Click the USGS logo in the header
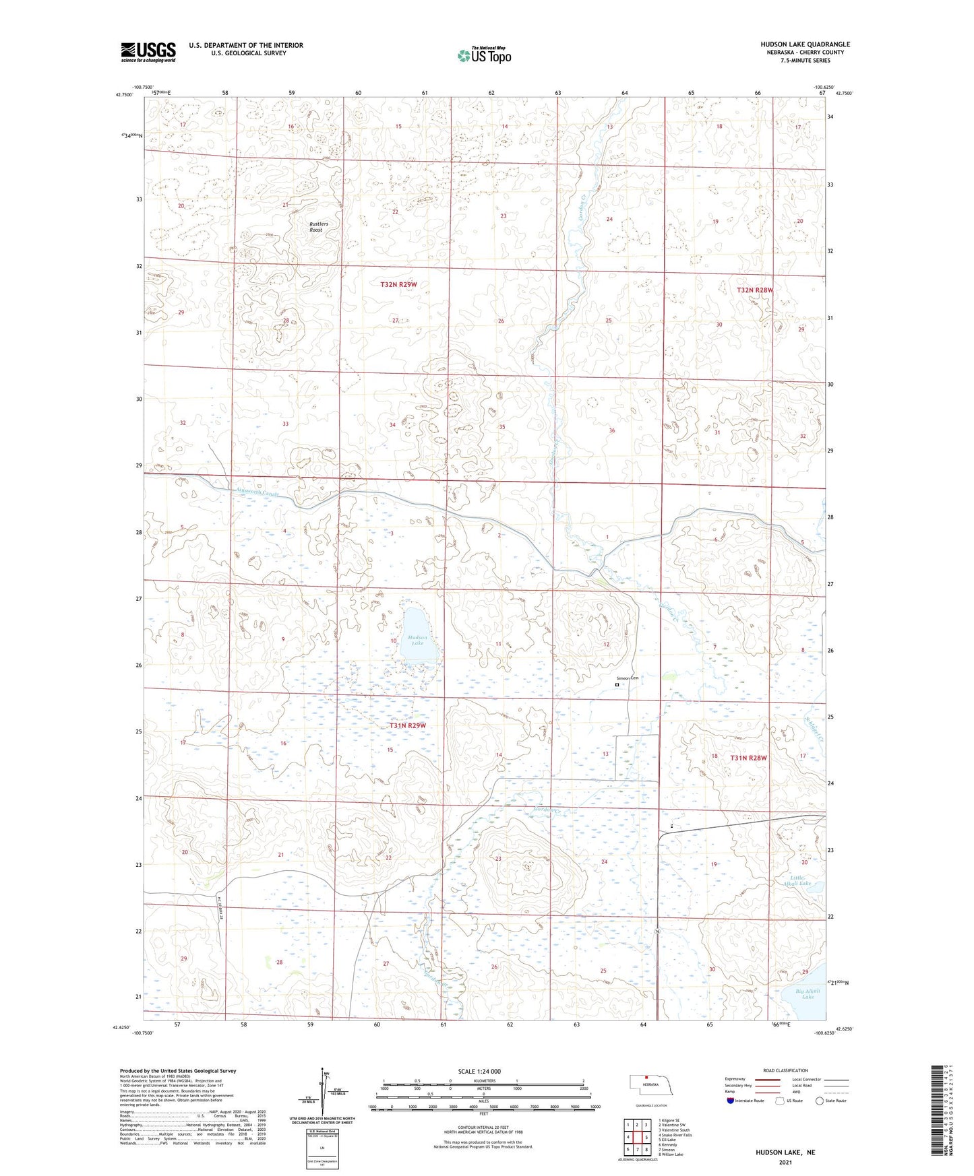[x=148, y=52]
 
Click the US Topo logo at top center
[x=484, y=55]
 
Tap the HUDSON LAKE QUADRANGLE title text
[x=805, y=44]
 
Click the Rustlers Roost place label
[x=315, y=226]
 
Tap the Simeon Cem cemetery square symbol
[x=617, y=685]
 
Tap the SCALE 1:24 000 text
[x=479, y=1071]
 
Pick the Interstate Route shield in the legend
[x=731, y=1100]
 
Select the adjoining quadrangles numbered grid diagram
[x=636, y=1136]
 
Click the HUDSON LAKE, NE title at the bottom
[x=787, y=1152]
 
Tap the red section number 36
[x=611, y=430]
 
